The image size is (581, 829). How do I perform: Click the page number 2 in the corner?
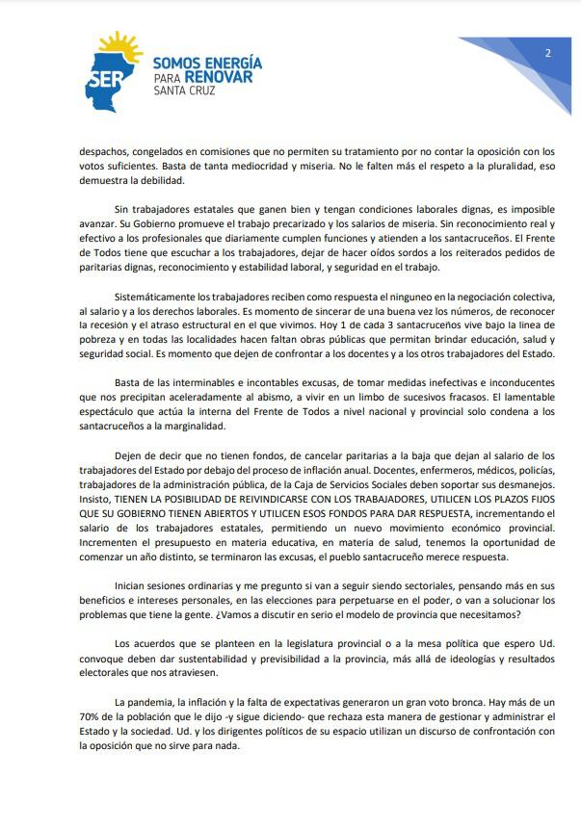(547, 53)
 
